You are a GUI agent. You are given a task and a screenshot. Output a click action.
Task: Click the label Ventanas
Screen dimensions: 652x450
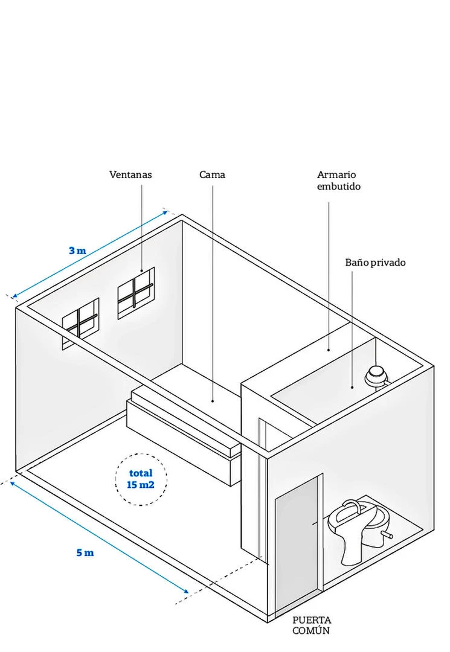click(x=130, y=174)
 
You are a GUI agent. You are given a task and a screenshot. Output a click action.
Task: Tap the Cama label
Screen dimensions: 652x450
click(x=212, y=174)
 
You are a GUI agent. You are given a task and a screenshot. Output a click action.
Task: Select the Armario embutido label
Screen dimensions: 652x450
click(x=338, y=181)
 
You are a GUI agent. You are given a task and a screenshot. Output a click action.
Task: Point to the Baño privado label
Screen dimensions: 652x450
click(x=375, y=263)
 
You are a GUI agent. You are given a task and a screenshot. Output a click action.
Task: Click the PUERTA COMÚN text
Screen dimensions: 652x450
click(x=312, y=625)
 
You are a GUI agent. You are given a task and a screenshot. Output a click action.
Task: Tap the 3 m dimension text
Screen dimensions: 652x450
click(x=77, y=250)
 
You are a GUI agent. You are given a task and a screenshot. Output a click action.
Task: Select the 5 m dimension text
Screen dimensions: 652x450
click(x=85, y=552)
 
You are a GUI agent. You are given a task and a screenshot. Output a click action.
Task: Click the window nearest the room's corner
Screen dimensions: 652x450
click(x=136, y=293)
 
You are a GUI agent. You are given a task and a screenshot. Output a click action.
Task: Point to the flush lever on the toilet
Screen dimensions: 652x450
click(x=388, y=535)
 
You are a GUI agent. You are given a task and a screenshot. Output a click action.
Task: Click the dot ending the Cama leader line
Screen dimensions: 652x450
click(x=213, y=400)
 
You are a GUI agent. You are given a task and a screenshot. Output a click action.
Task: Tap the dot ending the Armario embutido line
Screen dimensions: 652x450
click(x=329, y=349)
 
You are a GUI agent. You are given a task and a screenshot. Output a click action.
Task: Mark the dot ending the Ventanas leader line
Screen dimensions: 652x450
click(x=142, y=270)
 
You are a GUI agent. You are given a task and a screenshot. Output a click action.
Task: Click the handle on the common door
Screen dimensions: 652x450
click(x=313, y=521)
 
